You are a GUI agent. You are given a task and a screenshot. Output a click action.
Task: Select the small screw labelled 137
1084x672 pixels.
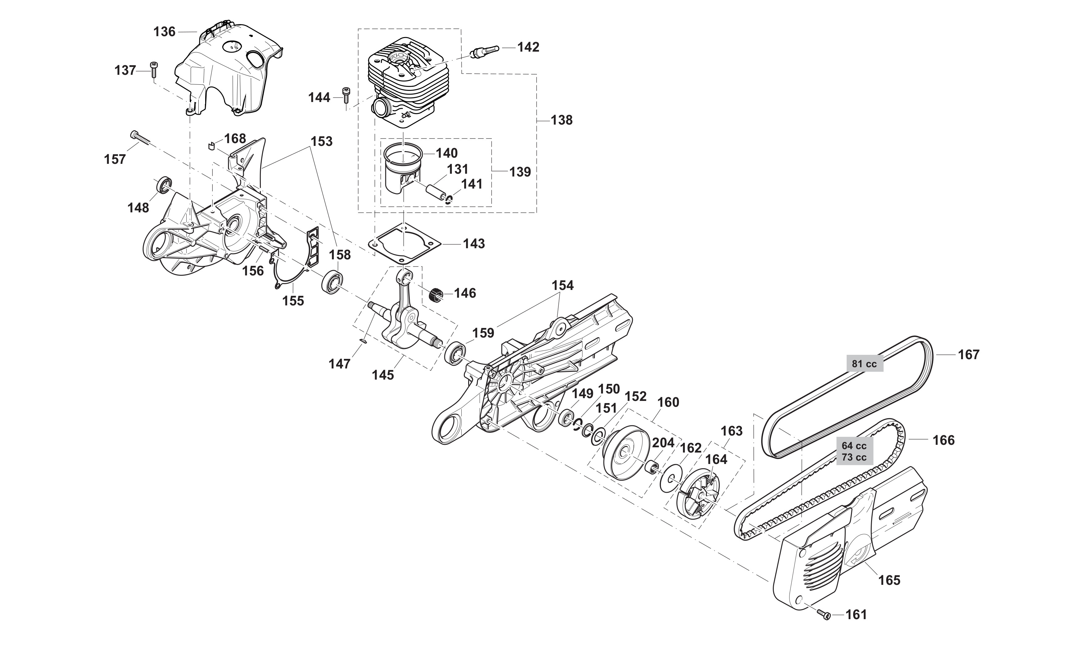pos(155,69)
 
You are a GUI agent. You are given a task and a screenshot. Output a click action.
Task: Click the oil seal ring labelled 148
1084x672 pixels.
pos(164,185)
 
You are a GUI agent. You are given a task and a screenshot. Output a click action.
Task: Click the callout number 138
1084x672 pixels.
pos(561,120)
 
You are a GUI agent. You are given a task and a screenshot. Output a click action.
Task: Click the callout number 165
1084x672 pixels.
pos(889,580)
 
